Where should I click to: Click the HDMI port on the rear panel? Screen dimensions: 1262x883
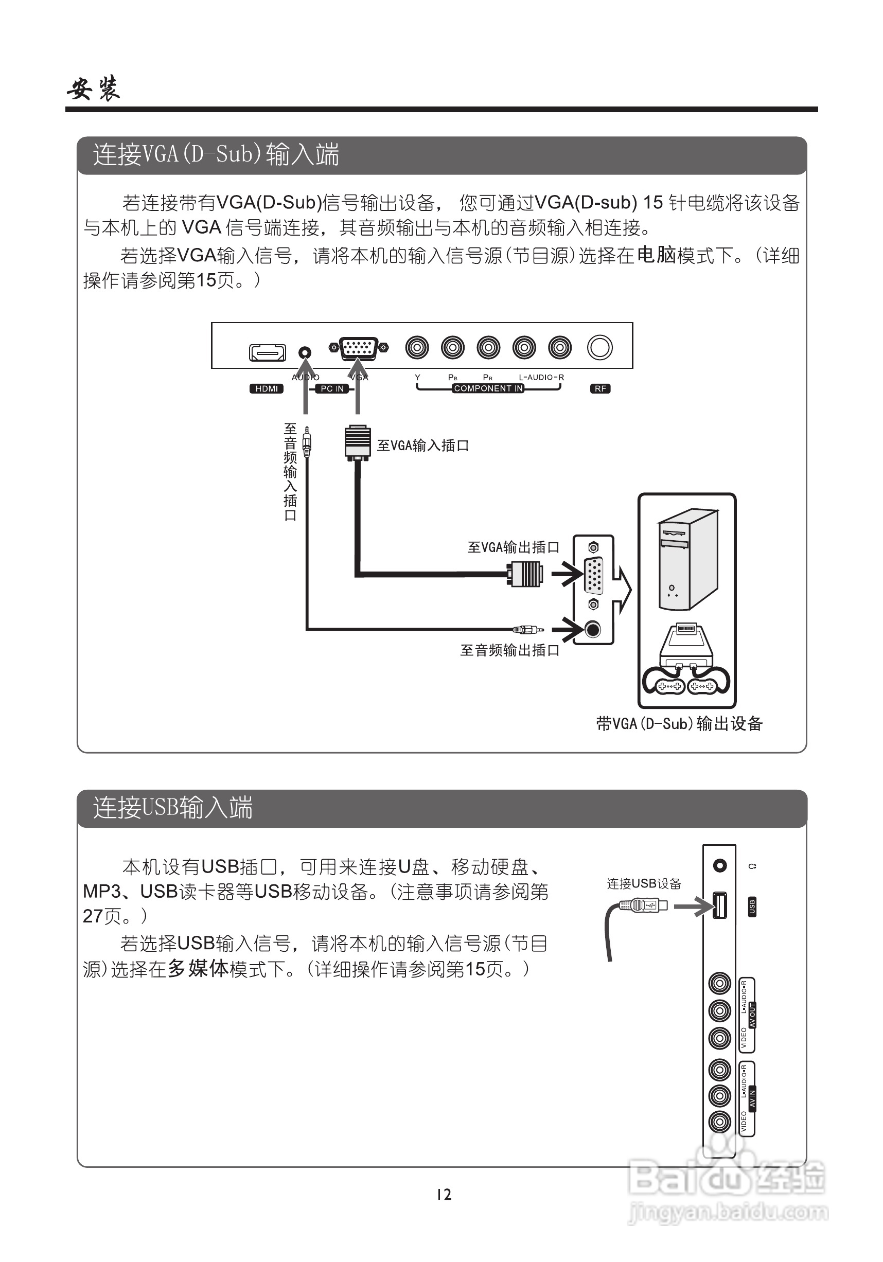click(267, 352)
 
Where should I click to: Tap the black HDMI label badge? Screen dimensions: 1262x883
click(267, 388)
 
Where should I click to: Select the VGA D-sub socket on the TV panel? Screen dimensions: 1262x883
click(359, 348)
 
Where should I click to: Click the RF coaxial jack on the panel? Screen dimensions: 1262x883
click(599, 347)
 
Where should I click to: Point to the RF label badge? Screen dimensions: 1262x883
click(600, 388)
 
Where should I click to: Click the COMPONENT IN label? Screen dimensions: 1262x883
click(488, 388)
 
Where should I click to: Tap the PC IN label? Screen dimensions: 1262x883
click(332, 388)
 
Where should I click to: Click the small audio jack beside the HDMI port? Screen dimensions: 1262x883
click(304, 352)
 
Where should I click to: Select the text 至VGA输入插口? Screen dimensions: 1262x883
click(422, 445)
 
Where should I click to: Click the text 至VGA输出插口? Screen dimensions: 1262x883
click(513, 547)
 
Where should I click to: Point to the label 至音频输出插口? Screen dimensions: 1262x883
click(509, 650)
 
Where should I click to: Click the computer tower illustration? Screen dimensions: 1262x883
click(688, 560)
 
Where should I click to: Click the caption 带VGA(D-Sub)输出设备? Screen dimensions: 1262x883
click(679, 723)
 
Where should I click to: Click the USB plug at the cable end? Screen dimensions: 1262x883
click(643, 905)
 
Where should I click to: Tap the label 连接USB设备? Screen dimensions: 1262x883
click(644, 883)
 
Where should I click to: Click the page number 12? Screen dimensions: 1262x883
click(444, 1195)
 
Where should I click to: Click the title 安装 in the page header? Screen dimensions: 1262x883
click(94, 88)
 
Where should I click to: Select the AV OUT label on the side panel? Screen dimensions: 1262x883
click(752, 1015)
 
